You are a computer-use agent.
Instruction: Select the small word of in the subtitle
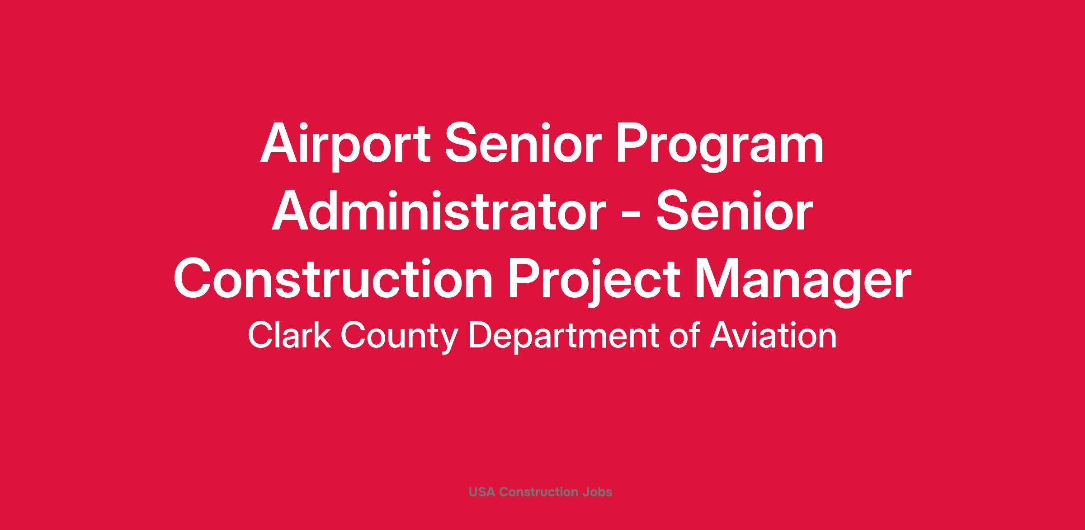(x=684, y=335)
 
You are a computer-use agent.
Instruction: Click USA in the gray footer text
(x=482, y=492)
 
